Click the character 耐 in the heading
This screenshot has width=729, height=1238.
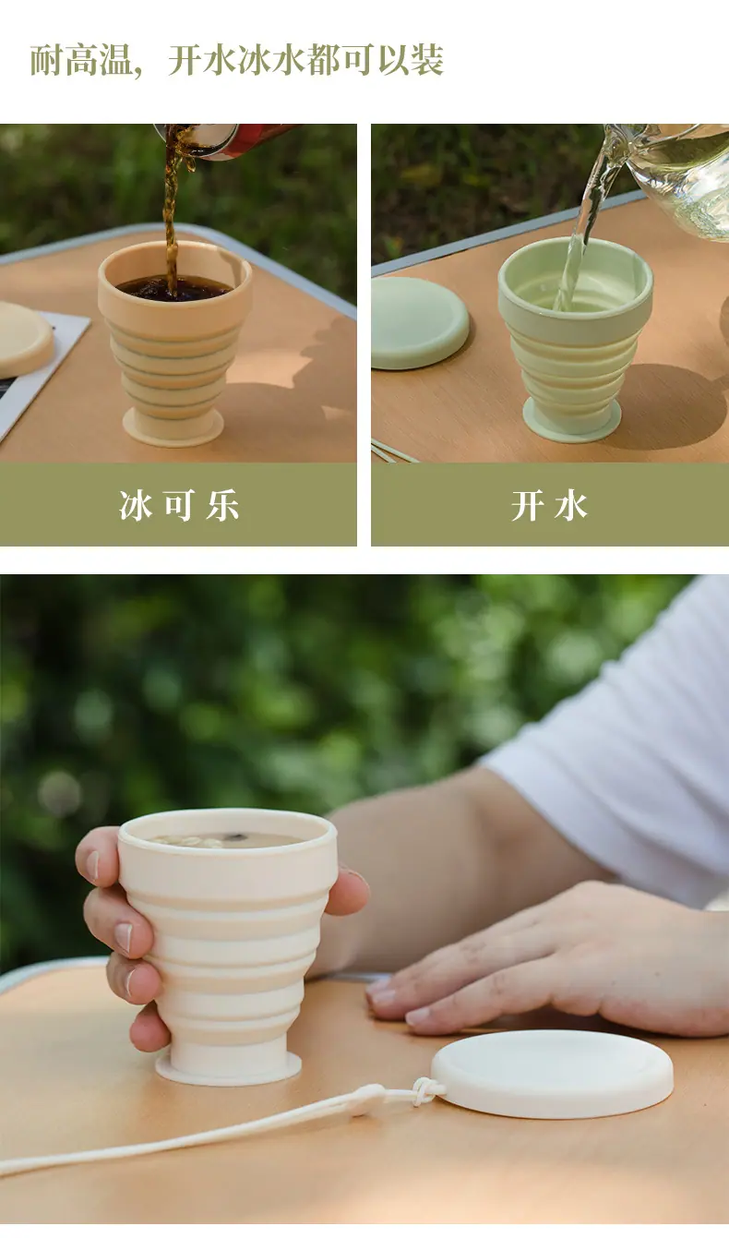click(46, 60)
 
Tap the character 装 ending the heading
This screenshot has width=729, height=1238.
click(427, 60)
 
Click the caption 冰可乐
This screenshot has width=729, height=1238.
click(179, 505)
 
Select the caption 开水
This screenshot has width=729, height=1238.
click(549, 505)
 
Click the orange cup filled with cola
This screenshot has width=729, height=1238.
click(174, 343)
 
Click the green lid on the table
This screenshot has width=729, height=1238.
click(420, 323)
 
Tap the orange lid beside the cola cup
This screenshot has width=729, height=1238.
click(26, 339)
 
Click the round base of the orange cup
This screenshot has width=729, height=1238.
click(173, 427)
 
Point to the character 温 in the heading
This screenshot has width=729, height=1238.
click(116, 60)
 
